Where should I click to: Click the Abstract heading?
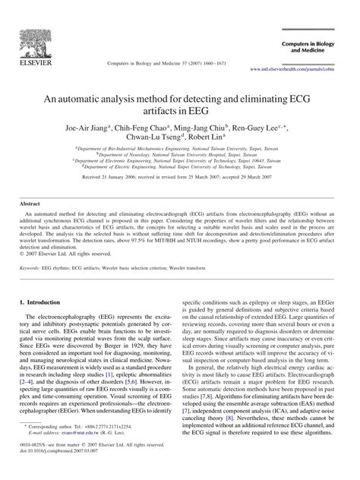click(30, 205)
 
